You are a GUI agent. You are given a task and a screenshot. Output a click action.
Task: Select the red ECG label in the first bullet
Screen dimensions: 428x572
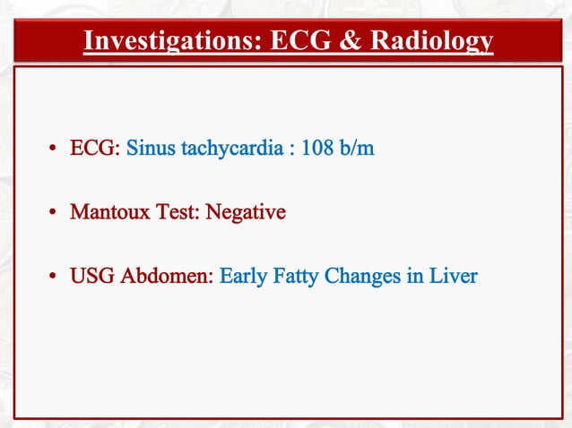click(x=94, y=148)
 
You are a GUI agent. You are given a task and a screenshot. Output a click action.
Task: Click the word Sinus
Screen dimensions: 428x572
click(x=151, y=148)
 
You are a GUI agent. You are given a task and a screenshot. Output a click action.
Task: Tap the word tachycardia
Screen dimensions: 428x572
click(x=231, y=148)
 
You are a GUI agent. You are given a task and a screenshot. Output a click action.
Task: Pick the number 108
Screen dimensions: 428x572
click(x=318, y=148)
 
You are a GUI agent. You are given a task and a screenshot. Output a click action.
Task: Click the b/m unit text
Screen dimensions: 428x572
click(x=357, y=148)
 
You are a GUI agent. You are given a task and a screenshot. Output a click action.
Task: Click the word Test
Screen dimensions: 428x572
click(x=176, y=213)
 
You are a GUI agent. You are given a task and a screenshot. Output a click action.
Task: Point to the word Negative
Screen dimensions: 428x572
click(x=246, y=213)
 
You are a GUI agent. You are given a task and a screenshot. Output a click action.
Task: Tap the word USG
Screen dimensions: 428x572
click(x=90, y=277)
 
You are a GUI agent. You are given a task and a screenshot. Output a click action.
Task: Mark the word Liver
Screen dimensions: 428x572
click(x=453, y=277)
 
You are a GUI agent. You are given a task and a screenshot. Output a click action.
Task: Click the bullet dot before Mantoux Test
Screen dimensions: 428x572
click(x=55, y=214)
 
